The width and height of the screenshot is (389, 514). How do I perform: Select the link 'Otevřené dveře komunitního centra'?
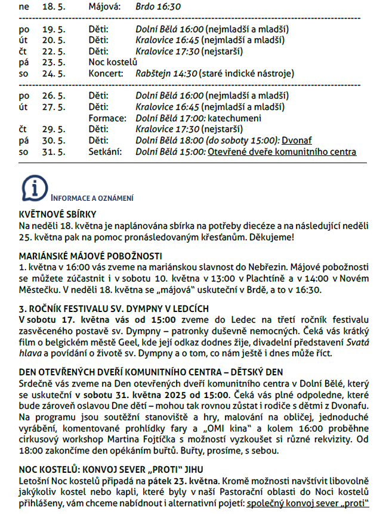tap(282, 152)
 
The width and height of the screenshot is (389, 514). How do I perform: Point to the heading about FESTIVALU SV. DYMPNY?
tap(114, 308)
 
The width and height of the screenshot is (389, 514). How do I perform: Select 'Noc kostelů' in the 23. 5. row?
tap(113, 62)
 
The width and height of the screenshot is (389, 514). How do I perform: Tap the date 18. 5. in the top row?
tap(54, 7)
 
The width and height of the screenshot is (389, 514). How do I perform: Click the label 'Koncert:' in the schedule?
tap(106, 74)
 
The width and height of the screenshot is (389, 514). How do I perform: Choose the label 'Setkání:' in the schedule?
tap(105, 152)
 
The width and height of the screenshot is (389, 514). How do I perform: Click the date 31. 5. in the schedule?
tap(54, 152)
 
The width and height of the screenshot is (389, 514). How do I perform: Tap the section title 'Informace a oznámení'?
tap(92, 198)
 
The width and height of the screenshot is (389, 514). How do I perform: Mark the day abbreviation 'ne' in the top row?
tap(24, 7)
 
